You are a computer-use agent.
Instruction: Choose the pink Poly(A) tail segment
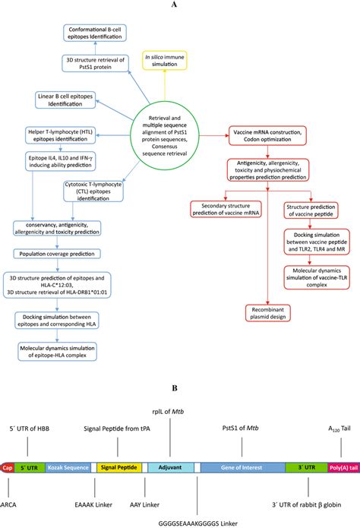[x=343, y=470]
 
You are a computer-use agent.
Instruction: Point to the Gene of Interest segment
[x=245, y=470]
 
